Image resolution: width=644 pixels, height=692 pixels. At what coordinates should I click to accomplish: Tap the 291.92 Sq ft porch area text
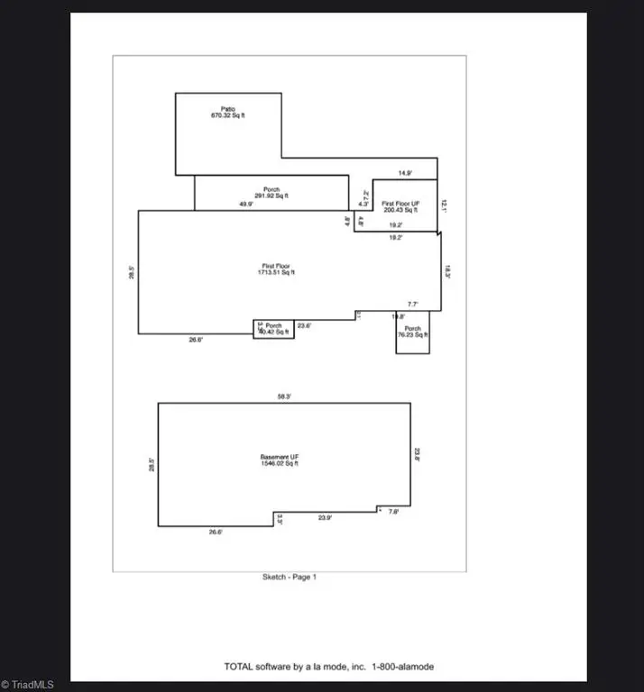tap(271, 196)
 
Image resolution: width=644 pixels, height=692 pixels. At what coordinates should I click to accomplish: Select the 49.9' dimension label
tap(246, 205)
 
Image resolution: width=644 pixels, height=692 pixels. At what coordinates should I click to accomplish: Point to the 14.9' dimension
tap(405, 173)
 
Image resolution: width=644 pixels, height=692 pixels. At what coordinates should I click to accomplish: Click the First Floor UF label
tap(400, 205)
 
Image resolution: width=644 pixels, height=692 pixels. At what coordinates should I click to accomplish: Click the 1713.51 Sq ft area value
tap(276, 273)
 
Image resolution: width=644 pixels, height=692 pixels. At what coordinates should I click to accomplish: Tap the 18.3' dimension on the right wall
tap(446, 270)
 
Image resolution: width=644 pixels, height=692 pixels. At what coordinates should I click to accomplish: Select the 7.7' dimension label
tap(413, 305)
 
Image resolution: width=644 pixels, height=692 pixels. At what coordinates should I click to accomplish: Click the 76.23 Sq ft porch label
tap(413, 335)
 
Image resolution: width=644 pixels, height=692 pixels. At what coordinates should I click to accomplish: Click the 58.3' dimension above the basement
tap(284, 396)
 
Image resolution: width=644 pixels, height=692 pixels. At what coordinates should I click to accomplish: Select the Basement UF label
tap(279, 458)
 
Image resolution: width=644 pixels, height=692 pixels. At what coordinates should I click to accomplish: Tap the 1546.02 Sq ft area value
tap(279, 465)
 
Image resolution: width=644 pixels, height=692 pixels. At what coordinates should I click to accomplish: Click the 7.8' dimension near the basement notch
tap(393, 512)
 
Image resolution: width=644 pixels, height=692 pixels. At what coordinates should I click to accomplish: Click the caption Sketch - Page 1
tap(290, 577)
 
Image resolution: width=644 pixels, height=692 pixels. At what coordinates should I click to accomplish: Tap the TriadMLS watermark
tap(29, 685)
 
